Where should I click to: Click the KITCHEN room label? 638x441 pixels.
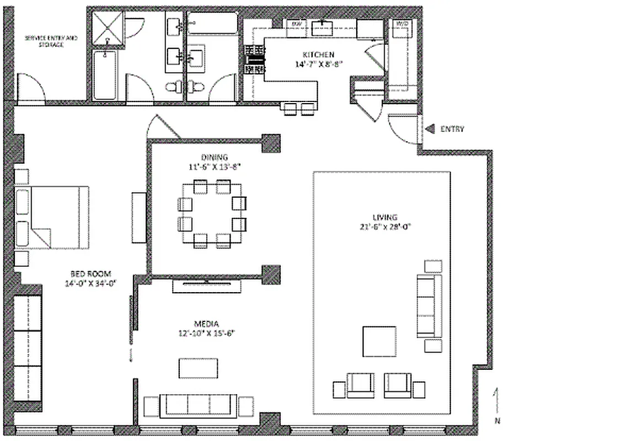[x=318, y=55]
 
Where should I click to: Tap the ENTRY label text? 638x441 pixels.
[x=452, y=129]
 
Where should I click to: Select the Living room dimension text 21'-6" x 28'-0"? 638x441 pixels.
[x=384, y=226]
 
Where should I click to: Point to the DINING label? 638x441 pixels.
[x=214, y=157]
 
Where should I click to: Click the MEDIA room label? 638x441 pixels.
[x=206, y=324]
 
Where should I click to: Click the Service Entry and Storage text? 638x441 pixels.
[x=51, y=41]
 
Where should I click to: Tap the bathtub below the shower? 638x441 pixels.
[x=105, y=76]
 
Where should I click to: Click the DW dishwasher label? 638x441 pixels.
[x=297, y=24]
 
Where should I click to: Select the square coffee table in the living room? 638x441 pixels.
[x=379, y=342]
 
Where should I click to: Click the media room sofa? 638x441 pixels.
[x=199, y=406]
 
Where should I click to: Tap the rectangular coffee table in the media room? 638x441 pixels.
[x=198, y=368]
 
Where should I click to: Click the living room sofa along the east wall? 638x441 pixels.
[x=429, y=306]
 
